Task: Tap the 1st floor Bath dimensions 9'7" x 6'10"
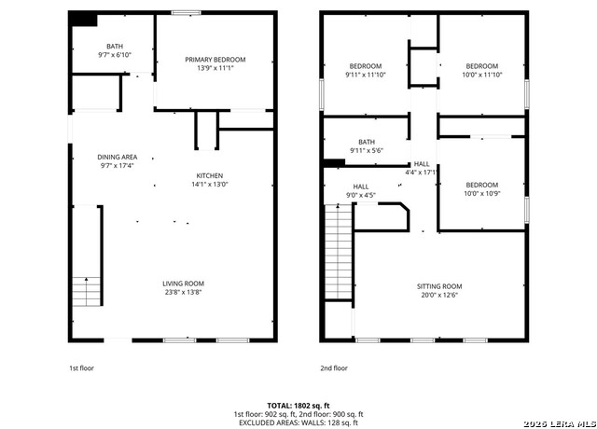coord(114,55)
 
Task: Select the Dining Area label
coord(118,157)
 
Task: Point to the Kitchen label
coord(210,175)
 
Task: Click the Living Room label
coord(184,284)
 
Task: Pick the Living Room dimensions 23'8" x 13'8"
coord(184,293)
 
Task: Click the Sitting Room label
coord(438,286)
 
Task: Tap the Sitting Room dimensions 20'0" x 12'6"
coord(438,296)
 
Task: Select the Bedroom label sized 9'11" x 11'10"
coord(366,65)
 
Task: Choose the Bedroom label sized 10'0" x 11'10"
coord(481,65)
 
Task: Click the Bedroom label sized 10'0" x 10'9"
coord(481,185)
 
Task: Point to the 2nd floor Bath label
coord(367,142)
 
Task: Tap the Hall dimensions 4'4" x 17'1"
coord(422,173)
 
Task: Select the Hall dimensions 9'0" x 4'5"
coord(361,195)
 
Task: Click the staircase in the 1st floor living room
coord(86,291)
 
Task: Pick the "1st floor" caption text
coord(82,368)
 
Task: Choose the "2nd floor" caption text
coord(333,368)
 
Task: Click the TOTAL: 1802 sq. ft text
coord(298,406)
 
